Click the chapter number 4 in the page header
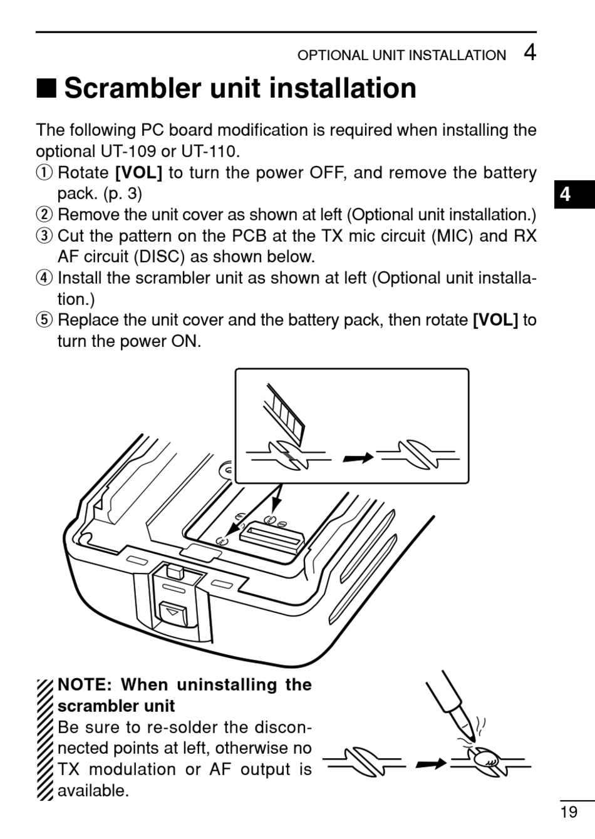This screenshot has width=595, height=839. (529, 53)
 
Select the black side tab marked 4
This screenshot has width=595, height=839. (566, 194)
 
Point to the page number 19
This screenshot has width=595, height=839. (569, 812)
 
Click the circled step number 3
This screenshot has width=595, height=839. (44, 236)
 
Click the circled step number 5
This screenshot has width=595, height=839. (44, 320)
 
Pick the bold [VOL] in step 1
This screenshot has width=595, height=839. (138, 172)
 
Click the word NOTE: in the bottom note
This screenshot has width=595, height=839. (85, 685)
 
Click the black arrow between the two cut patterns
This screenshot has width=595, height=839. (358, 458)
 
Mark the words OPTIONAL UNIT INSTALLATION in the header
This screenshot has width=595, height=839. (401, 55)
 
